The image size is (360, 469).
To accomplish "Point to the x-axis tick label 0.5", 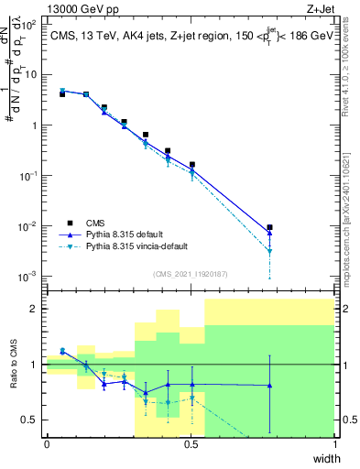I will point(191,444).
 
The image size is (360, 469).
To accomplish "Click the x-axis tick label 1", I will point(334,444).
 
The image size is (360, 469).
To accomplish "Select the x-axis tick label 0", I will point(47,444).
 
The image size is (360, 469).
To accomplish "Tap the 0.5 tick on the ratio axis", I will point(29,420).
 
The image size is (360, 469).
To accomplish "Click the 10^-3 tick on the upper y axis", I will point(27,276).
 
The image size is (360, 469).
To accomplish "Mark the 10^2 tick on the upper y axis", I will point(27,25).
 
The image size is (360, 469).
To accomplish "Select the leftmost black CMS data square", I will point(62,94).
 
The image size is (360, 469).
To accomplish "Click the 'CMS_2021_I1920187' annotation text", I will point(191,274).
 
